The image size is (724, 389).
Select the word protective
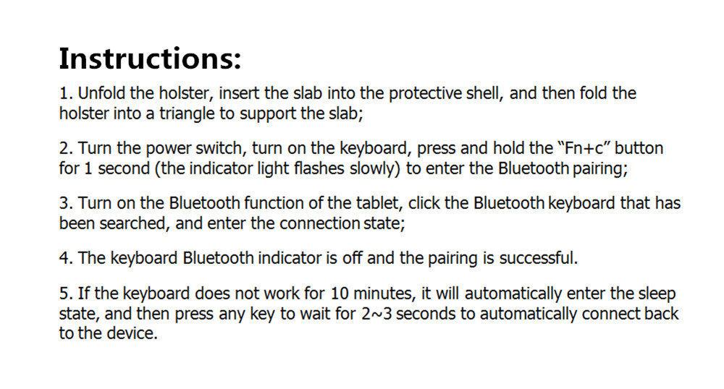pyautogui.click(x=424, y=94)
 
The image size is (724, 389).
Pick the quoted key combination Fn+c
pyautogui.click(x=586, y=149)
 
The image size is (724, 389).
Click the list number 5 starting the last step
pyautogui.click(x=64, y=294)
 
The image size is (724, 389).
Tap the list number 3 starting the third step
pyautogui.click(x=64, y=204)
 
